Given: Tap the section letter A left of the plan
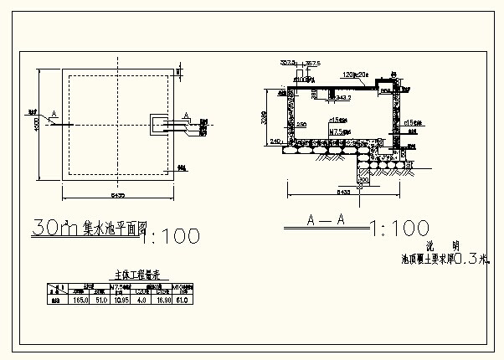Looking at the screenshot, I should (x=54, y=113).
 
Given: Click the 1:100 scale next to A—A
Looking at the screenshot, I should (x=399, y=228).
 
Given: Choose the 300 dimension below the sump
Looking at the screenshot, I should (x=363, y=179).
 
